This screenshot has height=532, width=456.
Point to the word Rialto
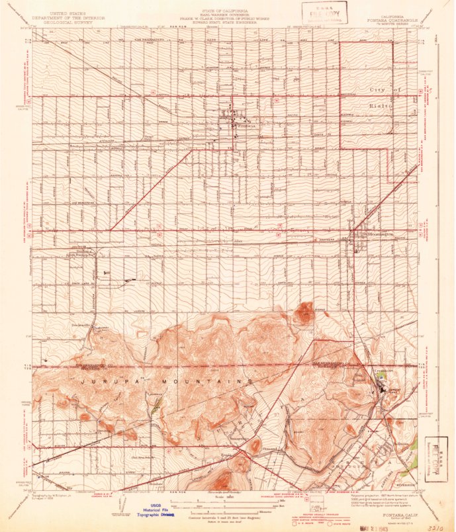point(381,105)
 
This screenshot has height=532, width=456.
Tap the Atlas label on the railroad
point(239,241)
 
